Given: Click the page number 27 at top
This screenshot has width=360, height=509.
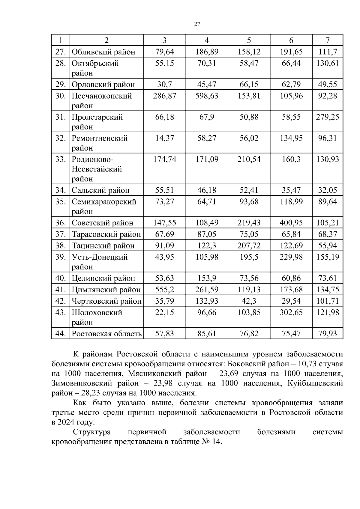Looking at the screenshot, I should (x=197, y=24).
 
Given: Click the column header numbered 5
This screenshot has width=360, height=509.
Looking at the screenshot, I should (x=249, y=40).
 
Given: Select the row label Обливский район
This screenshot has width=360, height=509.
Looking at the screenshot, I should (x=103, y=52).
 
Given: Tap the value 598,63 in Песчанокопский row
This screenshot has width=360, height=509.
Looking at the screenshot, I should (x=207, y=96).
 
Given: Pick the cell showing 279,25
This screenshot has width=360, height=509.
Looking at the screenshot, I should (x=327, y=117).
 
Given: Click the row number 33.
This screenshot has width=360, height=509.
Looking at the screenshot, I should (x=60, y=159).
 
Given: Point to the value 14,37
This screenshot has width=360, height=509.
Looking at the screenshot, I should (x=164, y=138).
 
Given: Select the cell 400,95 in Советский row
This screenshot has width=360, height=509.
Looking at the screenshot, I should (x=291, y=223).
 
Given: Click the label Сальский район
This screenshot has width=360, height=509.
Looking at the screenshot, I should (x=100, y=190).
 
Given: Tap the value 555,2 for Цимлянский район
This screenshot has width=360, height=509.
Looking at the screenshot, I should (x=164, y=290).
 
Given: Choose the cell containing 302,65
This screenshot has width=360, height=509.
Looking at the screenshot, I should (x=291, y=313).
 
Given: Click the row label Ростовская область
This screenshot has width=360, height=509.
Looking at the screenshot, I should (x=106, y=333).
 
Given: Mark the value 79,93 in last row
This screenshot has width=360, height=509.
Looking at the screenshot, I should (x=327, y=333).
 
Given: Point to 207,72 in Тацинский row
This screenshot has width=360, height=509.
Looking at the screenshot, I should (x=249, y=246).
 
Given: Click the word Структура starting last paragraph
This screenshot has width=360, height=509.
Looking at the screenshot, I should (x=92, y=432).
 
